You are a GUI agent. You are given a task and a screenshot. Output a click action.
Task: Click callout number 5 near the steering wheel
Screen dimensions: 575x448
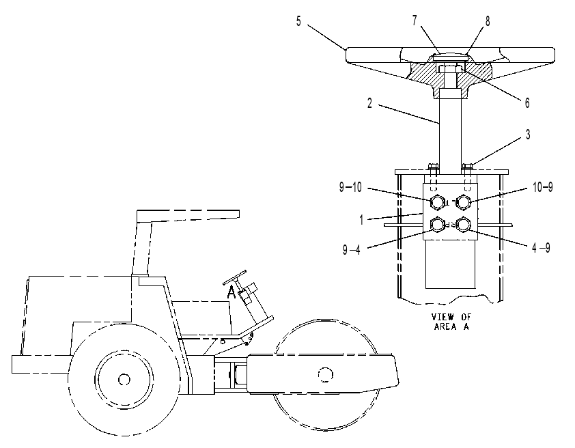coord(298,21)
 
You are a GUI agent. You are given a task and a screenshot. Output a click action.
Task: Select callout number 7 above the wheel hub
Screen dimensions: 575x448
coord(415,21)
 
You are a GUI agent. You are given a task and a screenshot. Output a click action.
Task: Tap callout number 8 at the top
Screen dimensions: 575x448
coord(488,21)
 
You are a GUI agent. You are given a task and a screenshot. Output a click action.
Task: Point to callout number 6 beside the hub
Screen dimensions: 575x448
coord(527,103)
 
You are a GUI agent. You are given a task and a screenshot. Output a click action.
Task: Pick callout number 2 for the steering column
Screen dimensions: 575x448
coord(369,103)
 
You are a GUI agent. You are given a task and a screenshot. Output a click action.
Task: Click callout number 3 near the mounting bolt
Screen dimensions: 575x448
coord(528,135)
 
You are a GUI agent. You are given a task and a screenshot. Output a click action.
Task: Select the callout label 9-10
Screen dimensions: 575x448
coord(350,187)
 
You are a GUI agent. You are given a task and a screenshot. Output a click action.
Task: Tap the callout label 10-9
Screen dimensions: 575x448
coord(543,187)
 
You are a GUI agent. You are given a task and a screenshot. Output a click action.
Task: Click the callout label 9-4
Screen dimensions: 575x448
coord(351,250)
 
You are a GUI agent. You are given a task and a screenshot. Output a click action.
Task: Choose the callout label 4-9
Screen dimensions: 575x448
coord(542,248)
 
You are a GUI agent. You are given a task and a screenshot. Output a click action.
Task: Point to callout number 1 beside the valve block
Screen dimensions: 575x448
coord(361,220)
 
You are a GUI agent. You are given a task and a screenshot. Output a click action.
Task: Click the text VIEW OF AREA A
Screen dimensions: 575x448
coord(451,322)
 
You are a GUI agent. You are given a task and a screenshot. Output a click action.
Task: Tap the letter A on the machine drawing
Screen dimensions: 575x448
coord(231,292)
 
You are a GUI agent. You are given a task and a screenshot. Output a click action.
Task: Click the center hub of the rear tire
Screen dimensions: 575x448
coord(124,379)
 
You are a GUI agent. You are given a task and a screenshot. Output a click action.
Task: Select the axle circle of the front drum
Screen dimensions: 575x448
coord(326,375)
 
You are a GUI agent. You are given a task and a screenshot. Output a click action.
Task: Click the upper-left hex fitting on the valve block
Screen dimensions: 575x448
coord(438,202)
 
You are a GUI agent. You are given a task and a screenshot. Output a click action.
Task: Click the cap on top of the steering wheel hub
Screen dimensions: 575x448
coord(450,57)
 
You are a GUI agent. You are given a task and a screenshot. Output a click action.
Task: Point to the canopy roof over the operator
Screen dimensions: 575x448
coord(188,216)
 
